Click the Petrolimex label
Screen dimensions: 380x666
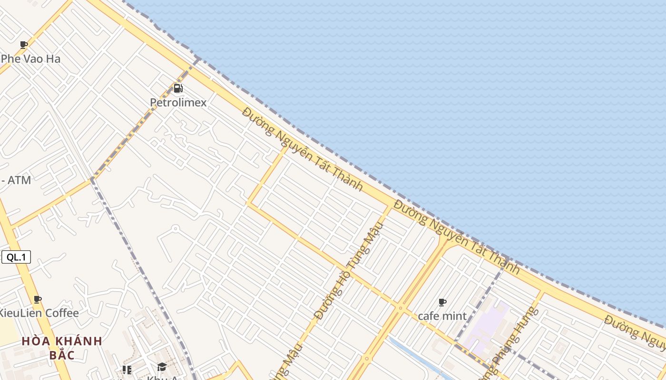[178, 103]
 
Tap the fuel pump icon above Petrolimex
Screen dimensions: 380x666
[178, 88]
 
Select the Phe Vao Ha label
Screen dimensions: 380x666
[31, 59]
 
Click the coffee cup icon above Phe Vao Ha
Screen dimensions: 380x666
[24, 45]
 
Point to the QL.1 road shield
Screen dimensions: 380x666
[16, 257]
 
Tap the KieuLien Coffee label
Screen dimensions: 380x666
[39, 313]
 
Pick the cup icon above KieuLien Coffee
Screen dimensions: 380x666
[38, 300]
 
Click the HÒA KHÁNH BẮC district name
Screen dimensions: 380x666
[62, 348]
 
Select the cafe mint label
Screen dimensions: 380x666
[442, 316]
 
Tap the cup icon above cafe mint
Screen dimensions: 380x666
[442, 303]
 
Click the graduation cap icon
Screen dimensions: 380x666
[162, 367]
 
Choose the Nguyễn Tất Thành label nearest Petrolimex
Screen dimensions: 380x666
[303, 149]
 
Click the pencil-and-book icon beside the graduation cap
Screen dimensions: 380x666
[127, 370]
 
